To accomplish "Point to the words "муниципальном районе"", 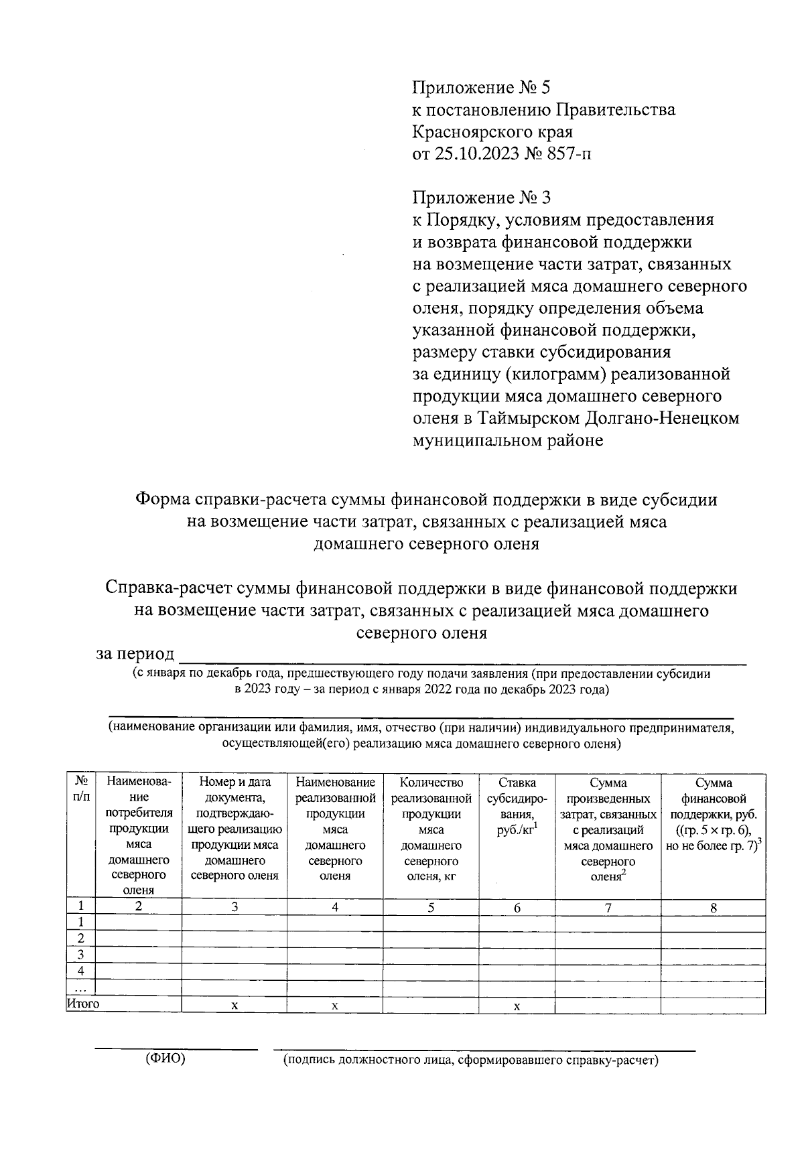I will tap(507, 441).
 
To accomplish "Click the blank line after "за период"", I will tap(462, 659).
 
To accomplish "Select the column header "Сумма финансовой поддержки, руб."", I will tap(713, 814).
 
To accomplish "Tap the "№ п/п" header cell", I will tap(80, 789).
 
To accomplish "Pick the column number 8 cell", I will tap(713, 908).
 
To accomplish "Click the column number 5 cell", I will tap(431, 908).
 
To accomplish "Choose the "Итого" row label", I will tap(83, 1004).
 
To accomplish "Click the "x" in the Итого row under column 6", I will tap(517, 1006).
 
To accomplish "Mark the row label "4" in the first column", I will tap(80, 971).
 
